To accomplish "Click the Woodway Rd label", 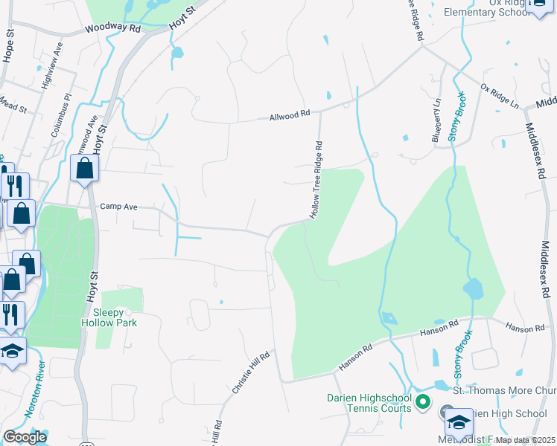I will [x=112, y=28].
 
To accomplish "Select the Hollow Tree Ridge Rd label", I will [x=317, y=180].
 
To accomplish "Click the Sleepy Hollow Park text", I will [x=109, y=317].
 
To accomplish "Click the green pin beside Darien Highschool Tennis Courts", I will [x=423, y=403].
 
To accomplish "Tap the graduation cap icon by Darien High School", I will [x=459, y=422].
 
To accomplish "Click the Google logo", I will [x=25, y=437].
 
